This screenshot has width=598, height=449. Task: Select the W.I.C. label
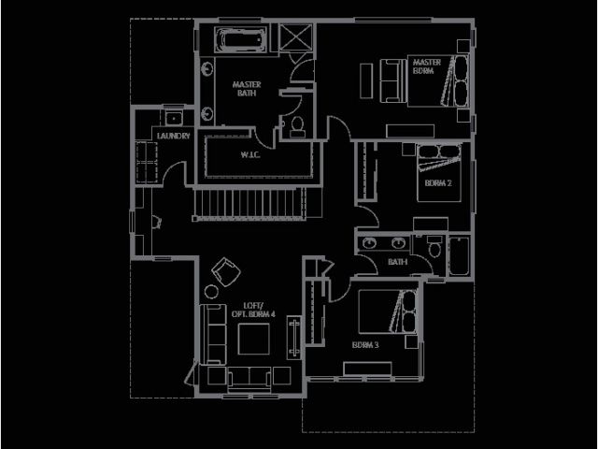point(249,154)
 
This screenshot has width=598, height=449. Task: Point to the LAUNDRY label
point(175,137)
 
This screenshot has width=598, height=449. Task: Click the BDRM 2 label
point(437,183)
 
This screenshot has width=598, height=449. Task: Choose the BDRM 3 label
point(365,345)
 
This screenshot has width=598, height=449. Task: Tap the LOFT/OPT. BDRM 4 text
point(253,311)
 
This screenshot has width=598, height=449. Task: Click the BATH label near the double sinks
point(397,263)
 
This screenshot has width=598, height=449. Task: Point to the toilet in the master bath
point(297,126)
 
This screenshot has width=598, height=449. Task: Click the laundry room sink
point(174,118)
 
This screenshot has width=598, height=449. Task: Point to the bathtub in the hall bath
point(460,254)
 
